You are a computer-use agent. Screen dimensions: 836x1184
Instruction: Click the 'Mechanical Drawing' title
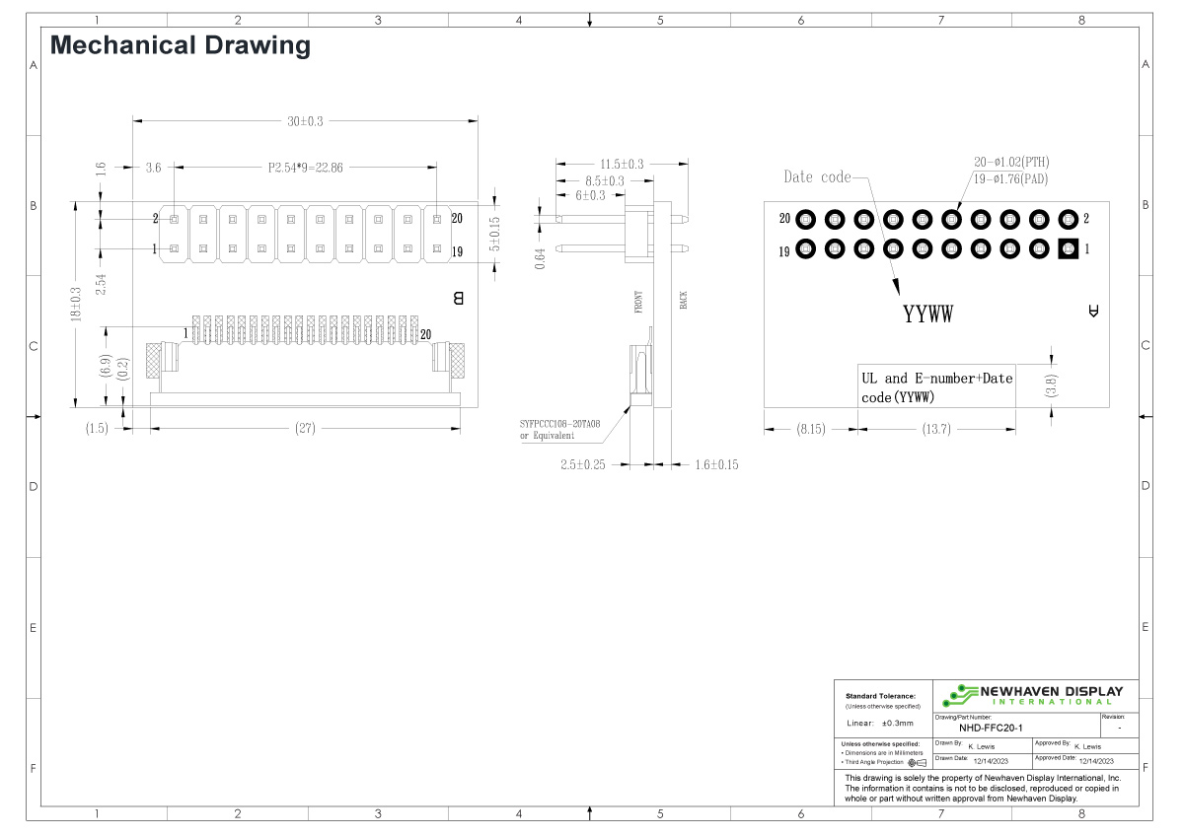click(180, 45)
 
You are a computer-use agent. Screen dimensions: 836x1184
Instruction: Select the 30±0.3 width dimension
click(305, 121)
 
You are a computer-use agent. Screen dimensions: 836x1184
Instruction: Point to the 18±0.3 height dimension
click(76, 304)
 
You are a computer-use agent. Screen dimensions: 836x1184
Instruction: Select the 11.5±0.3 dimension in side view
click(622, 164)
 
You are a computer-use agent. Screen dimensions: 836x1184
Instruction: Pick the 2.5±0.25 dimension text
click(583, 464)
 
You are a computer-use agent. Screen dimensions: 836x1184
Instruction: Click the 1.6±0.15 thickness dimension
click(716, 464)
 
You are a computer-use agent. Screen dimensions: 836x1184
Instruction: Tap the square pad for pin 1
click(1067, 250)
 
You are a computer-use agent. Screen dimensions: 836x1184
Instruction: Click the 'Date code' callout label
click(816, 177)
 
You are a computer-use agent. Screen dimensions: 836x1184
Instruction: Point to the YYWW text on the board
click(927, 315)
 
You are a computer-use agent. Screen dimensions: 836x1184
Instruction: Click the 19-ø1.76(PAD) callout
click(1009, 178)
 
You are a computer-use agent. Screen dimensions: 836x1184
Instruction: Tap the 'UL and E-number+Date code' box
click(936, 387)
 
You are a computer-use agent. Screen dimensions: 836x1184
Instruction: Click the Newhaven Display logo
click(1031, 695)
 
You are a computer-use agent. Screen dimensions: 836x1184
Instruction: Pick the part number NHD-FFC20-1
click(977, 728)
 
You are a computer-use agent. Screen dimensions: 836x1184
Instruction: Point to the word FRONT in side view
click(638, 302)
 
